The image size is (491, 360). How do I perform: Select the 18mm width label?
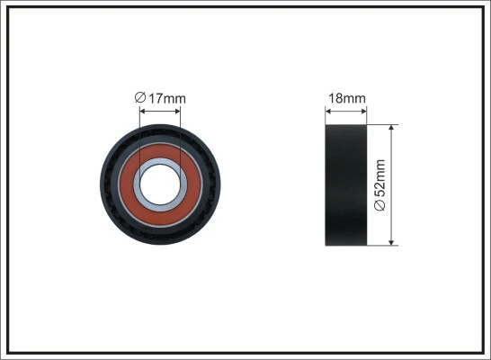coord(345,97)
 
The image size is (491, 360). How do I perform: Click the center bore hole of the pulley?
coord(160,183)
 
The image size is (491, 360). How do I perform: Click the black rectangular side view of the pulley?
coord(345,184)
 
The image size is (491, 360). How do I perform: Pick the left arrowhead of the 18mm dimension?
coord(327,111)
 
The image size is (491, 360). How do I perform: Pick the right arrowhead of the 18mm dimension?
coord(364,111)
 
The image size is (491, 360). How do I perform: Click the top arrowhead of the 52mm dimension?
coord(392,128)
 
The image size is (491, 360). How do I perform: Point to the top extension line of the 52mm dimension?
coord(382,124)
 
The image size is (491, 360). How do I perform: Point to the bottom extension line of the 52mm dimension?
coord(382,246)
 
